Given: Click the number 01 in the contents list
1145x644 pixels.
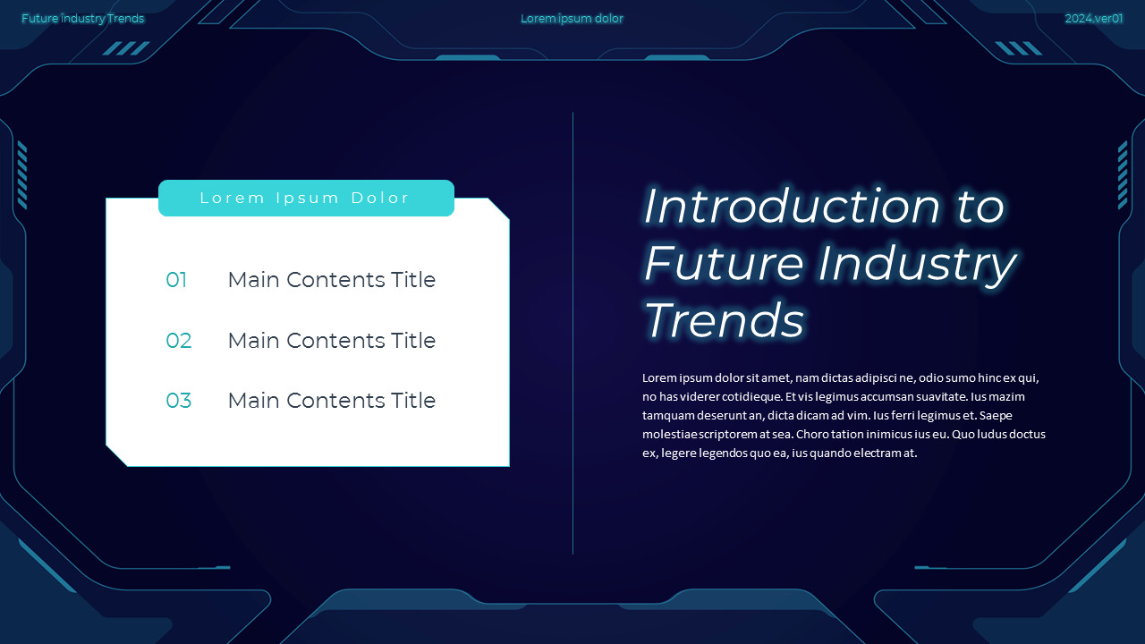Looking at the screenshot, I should tap(176, 280).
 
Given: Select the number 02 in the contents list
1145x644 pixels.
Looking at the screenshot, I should tap(179, 341).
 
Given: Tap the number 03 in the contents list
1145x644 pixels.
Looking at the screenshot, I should tap(179, 401).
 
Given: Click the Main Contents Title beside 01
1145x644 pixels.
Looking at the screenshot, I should tap(331, 280).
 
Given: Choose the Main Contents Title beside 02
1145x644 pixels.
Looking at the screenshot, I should tap(331, 341).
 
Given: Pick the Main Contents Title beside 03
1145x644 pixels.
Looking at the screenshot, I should tap(331, 401).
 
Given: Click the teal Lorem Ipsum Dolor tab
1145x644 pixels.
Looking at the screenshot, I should tap(306, 199).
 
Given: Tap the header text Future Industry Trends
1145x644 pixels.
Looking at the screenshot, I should tap(82, 19).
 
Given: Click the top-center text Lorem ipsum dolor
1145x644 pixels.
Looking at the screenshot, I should tap(572, 19).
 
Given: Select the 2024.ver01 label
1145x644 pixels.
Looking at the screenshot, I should tap(1093, 19).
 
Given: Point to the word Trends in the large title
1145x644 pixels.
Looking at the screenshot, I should tap(724, 320).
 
